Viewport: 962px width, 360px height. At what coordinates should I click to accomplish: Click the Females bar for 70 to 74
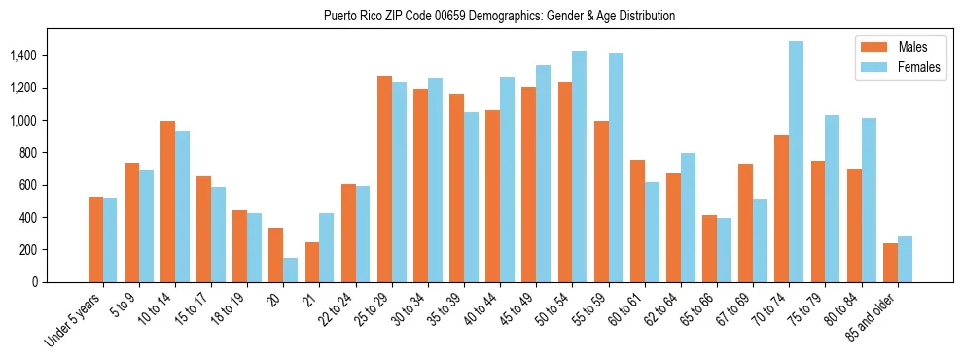[x=796, y=162]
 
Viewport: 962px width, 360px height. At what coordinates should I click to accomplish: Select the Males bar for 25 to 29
[x=384, y=179]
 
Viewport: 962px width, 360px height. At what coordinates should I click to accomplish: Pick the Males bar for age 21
[x=312, y=262]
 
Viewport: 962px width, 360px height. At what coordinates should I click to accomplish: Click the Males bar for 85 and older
[x=890, y=263]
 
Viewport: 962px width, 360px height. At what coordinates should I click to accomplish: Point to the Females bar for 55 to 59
[x=616, y=167]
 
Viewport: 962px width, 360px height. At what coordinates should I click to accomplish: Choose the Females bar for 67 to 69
[x=760, y=240]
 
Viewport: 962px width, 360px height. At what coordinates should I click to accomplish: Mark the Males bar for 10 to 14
[x=167, y=201]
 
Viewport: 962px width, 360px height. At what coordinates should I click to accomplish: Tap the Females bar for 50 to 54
[x=580, y=166]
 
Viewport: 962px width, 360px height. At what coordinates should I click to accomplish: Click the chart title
[x=499, y=16]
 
